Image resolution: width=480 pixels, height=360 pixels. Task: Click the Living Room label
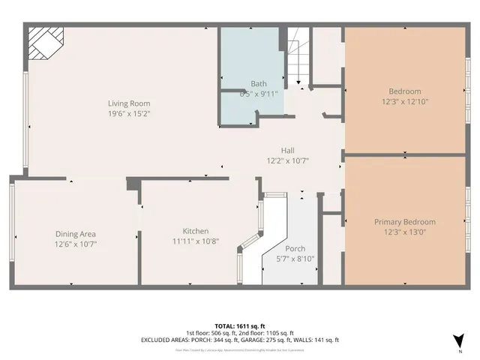(129, 103)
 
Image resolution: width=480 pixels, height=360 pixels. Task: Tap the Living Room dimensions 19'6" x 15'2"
(129, 115)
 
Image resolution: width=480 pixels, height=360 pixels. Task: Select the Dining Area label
(75, 234)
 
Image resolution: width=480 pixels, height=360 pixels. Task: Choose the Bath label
(259, 84)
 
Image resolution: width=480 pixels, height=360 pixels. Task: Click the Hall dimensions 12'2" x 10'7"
(288, 160)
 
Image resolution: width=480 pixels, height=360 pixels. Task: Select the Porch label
(295, 248)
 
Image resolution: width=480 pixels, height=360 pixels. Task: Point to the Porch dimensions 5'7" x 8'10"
(295, 259)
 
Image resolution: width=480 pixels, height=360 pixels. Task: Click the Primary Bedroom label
(405, 222)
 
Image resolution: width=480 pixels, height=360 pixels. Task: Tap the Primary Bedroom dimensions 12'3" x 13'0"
(405, 232)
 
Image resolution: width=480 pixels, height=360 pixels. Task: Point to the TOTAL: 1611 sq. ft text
(240, 325)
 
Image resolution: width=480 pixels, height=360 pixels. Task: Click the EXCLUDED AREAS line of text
(240, 340)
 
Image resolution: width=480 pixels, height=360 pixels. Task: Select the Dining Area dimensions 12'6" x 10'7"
(75, 244)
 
